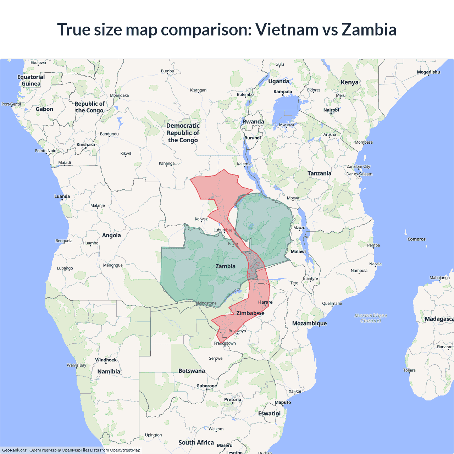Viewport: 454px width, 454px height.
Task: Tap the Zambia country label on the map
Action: pos(225,266)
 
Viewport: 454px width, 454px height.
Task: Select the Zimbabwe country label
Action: pos(250,313)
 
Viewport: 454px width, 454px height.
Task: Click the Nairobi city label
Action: pos(331,110)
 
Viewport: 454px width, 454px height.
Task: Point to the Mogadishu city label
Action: pos(428,72)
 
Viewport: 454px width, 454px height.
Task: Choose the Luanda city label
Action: pos(62,196)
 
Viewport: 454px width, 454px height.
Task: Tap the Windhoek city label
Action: pos(106,360)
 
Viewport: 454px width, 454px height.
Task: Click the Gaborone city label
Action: pos(206,386)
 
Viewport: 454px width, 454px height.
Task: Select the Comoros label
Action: pos(416,239)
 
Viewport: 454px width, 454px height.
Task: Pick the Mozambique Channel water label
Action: pos(371,318)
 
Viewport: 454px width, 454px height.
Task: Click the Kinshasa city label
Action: pos(85,145)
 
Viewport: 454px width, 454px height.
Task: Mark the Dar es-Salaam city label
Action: pos(359,174)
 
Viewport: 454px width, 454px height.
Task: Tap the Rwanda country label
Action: pos(253,122)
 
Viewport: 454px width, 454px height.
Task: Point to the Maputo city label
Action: pos(283,402)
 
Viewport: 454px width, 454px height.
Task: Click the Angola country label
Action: pos(111,236)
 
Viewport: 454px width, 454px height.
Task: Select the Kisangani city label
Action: pos(199,90)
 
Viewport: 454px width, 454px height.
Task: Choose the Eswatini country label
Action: pos(269,414)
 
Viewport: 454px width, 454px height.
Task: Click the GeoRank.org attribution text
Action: pos(14,450)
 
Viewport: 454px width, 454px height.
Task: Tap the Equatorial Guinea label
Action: pos(31,81)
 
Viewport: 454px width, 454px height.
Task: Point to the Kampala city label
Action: pos(283,92)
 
